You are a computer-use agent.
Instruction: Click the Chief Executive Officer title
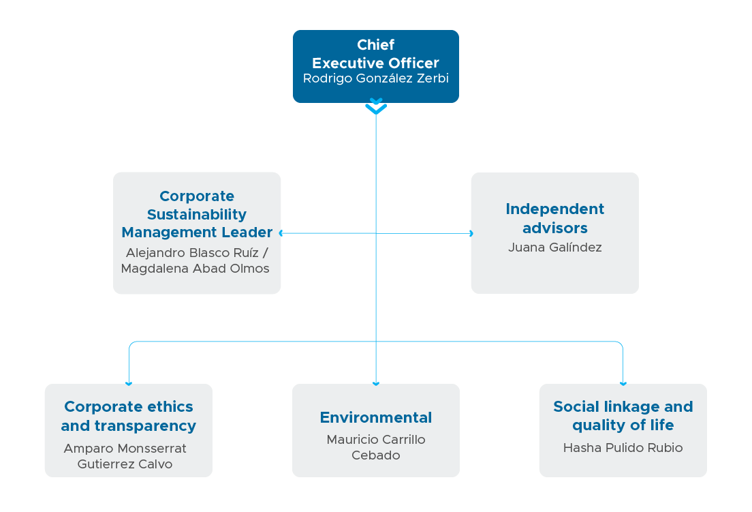(x=375, y=54)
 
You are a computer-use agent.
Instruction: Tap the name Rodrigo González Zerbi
(x=375, y=78)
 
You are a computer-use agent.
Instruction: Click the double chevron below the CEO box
(x=376, y=106)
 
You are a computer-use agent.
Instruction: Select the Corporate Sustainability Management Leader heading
(x=197, y=214)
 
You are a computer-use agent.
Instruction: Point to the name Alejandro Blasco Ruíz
(x=192, y=252)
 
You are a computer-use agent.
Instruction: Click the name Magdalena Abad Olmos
(x=195, y=268)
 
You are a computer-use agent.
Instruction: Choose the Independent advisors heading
(x=555, y=218)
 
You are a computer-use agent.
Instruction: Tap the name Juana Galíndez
(x=555, y=247)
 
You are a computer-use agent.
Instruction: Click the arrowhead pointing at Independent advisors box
(x=471, y=233)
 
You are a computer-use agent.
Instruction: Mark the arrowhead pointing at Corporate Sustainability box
(x=281, y=233)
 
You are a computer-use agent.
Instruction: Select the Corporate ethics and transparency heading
(x=129, y=416)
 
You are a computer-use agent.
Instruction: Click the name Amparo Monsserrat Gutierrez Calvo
(x=125, y=456)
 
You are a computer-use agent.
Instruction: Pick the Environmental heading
(x=376, y=417)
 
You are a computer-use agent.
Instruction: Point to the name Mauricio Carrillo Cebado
(x=376, y=447)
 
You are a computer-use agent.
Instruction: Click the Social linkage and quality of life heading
(x=623, y=416)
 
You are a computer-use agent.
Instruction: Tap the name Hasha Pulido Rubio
(x=623, y=448)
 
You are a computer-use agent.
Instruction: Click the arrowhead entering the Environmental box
(x=376, y=384)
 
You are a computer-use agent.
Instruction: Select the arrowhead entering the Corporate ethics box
(x=129, y=384)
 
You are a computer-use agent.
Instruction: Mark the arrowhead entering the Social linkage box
(x=623, y=384)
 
